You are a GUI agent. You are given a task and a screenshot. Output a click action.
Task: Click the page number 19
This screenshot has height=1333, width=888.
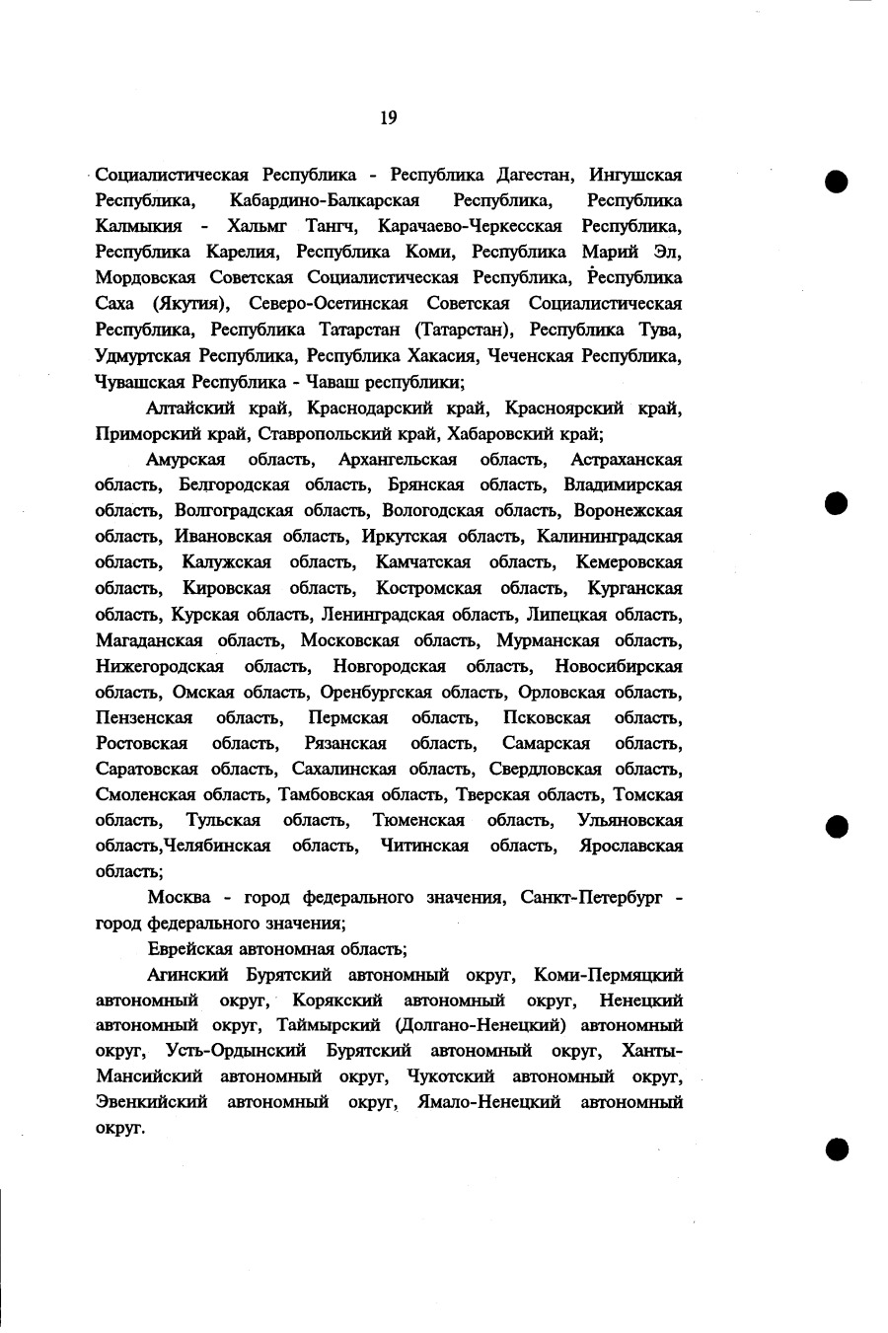pos(388,118)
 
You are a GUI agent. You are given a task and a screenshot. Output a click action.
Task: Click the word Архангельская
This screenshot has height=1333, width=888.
pos(397,460)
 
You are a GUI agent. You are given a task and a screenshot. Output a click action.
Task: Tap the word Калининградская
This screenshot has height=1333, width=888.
pos(609,537)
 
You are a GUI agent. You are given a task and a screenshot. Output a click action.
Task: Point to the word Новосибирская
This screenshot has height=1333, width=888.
pos(618,666)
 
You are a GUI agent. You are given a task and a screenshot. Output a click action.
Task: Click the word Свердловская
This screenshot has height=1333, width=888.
pos(543,769)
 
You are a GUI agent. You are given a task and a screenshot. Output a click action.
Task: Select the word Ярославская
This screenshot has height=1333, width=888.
pos(630,846)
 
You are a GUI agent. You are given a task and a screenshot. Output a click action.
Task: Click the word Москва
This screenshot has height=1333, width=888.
pos(179,898)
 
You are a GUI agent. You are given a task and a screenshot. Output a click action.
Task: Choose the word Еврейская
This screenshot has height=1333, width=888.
pos(189,949)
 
